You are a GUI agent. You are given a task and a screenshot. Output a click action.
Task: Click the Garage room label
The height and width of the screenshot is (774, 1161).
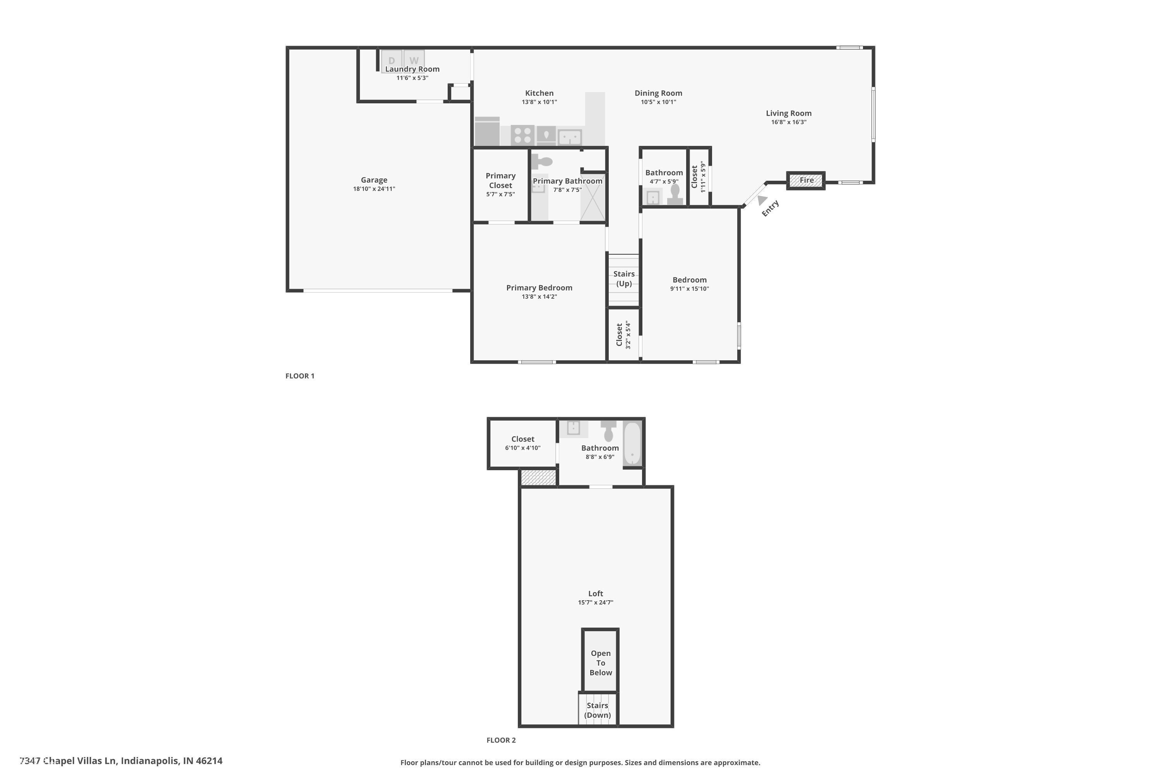pos(374,180)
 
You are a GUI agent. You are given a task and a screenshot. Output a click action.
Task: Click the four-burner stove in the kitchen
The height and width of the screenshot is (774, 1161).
pos(522,135)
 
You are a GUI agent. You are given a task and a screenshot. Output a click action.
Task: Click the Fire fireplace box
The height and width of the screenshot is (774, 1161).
pos(806,181)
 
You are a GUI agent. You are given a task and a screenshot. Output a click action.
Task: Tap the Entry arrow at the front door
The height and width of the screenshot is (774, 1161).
pos(763,200)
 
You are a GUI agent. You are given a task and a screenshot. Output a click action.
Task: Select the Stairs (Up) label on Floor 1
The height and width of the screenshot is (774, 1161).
pos(624,278)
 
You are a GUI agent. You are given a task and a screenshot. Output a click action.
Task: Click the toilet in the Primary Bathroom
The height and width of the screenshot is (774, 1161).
pos(543,161)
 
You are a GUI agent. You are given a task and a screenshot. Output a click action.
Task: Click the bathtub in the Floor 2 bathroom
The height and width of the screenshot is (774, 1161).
pos(632,443)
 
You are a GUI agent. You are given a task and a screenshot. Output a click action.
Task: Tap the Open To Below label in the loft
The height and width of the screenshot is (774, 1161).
pos(600,663)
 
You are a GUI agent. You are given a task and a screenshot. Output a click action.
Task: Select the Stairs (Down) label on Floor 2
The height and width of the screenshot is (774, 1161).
pos(597,710)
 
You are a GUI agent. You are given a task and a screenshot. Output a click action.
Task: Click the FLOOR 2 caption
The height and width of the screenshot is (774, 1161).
pos(501,740)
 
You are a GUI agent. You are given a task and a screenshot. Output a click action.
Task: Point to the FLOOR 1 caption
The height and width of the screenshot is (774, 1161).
pos(300,376)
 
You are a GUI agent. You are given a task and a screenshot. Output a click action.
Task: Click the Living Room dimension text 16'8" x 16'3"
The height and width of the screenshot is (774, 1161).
pos(788,122)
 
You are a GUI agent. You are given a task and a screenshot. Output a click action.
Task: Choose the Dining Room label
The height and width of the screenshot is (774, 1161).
pos(658,93)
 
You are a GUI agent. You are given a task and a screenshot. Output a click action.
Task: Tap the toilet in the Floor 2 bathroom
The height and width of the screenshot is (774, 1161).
pos(609,431)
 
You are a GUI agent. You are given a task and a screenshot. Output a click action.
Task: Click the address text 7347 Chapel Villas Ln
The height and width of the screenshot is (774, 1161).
pos(121,761)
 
